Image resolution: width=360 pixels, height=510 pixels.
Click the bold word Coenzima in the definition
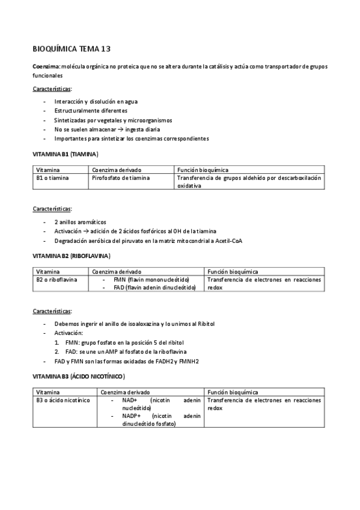tap(45, 66)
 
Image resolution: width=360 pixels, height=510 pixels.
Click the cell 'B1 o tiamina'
tap(53, 178)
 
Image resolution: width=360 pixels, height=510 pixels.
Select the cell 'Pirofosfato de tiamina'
tap(121, 178)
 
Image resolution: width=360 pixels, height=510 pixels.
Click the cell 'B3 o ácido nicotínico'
tap(63, 399)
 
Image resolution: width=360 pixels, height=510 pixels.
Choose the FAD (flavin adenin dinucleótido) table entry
tap(154, 287)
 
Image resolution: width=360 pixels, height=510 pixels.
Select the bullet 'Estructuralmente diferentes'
tap(91, 111)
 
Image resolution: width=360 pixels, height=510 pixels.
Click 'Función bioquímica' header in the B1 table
tap(203, 170)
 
